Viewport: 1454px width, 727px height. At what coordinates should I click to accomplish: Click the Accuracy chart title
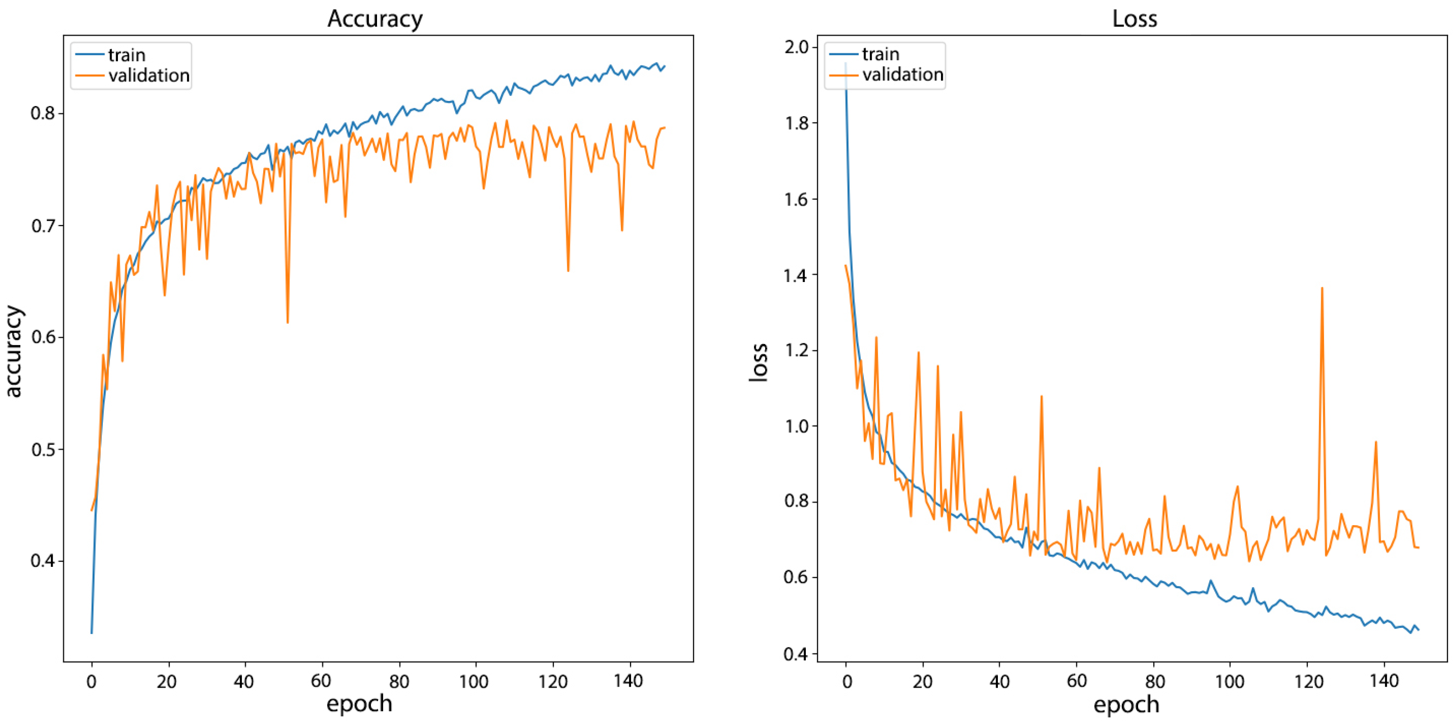(375, 19)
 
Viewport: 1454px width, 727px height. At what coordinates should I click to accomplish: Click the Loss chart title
(1134, 19)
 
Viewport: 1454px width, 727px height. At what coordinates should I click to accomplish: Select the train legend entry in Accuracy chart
(126, 55)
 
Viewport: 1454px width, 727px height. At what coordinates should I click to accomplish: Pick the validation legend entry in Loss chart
(902, 75)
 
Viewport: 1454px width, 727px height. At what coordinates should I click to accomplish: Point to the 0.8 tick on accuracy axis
(43, 113)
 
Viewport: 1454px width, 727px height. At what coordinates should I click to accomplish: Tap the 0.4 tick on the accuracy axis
(43, 561)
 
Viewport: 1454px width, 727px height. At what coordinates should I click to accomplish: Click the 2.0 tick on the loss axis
(797, 46)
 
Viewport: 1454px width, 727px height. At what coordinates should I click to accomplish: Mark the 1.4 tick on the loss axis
(797, 275)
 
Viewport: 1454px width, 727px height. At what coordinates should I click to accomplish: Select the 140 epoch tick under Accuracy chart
(628, 681)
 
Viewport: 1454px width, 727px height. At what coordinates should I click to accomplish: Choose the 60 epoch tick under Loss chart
(1077, 681)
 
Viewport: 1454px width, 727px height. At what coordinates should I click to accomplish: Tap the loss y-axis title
(759, 363)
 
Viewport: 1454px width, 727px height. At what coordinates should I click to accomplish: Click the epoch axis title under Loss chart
(1126, 704)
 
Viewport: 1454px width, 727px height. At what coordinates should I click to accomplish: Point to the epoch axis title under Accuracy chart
(359, 704)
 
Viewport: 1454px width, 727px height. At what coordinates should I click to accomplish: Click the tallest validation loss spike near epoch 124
(1322, 288)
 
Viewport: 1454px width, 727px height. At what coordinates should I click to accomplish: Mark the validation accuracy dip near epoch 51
(287, 322)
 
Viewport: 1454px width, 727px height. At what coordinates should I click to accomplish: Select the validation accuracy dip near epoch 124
(568, 270)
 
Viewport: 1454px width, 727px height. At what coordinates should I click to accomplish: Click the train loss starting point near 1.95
(846, 64)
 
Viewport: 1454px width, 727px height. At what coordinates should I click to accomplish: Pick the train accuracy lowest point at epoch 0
(92, 632)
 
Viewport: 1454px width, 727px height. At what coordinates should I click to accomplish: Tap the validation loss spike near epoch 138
(1375, 442)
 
